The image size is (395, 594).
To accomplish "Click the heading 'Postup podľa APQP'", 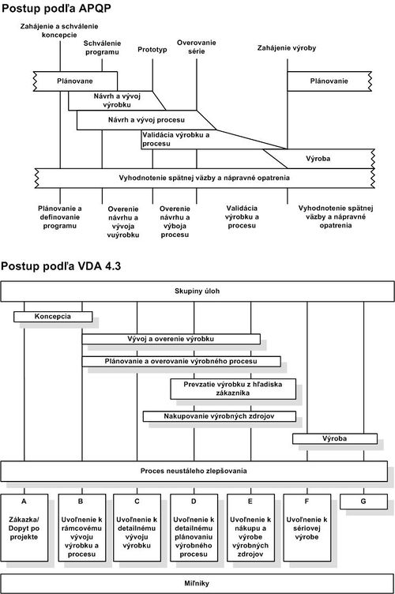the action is pos(56,9).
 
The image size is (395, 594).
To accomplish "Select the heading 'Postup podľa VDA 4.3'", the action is pos(61,266).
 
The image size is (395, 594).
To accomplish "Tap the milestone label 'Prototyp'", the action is pos(152,50).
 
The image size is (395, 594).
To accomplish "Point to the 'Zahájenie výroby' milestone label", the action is pos(287,48).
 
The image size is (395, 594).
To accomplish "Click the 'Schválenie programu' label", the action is pos(102,47).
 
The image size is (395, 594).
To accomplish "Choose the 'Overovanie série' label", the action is pos(196,47).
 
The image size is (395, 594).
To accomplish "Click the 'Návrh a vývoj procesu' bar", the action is pos(146,120).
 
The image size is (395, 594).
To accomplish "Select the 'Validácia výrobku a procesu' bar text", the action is pos(175,139).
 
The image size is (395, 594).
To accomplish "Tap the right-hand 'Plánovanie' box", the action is pos(329,81).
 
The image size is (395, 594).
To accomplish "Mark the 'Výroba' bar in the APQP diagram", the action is pos(318,159).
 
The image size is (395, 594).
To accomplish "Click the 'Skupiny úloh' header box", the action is pos(197,291).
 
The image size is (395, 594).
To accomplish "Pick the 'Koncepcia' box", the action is pos(53,317).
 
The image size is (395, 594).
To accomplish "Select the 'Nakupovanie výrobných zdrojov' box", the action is pos(220,416).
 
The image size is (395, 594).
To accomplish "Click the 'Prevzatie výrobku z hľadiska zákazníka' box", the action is pos(233,389).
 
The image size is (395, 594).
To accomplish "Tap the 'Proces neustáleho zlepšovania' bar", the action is pos(194,472).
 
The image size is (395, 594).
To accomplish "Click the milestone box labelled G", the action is pos(363,502).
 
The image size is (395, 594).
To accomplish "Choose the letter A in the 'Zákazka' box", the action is pos(24,502).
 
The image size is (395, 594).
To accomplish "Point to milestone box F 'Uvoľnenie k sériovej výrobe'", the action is pos(307,528).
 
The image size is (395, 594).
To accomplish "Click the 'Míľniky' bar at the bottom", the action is pos(197,584).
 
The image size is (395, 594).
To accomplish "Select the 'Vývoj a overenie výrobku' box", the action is pos(171,339).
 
